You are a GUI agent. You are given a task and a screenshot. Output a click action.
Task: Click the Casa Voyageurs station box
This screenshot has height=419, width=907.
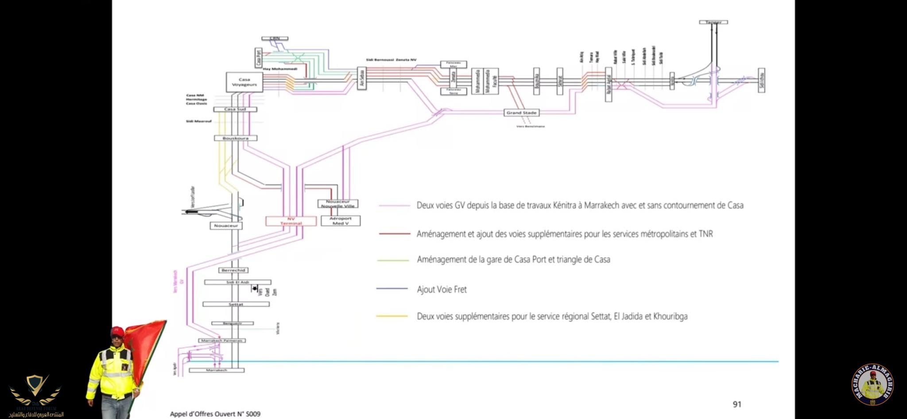point(244,82)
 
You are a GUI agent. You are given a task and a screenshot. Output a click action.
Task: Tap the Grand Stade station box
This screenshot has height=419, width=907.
point(521,113)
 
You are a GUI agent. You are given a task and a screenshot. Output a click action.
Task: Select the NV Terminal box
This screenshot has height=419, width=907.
point(291,221)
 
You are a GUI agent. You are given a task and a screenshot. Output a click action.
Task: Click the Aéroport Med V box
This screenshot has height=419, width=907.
point(340,221)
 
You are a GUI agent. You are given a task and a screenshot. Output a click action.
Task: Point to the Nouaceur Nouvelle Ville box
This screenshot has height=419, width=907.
point(337,204)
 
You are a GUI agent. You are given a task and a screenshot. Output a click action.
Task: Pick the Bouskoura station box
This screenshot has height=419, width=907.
point(235,138)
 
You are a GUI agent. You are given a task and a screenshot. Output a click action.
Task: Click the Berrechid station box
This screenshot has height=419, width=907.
point(233,270)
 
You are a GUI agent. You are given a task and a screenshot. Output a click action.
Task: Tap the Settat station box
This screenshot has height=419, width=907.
point(236,304)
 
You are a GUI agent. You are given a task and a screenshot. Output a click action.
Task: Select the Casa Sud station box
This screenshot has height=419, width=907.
point(235,109)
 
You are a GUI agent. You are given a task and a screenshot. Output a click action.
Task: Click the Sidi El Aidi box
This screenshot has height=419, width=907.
point(237,282)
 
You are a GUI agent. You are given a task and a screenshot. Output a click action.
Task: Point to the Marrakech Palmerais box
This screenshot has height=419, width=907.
point(221,340)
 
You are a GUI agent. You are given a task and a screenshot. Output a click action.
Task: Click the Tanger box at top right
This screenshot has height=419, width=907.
point(713,22)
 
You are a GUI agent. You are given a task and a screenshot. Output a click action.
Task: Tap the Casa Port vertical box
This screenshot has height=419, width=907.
point(259,58)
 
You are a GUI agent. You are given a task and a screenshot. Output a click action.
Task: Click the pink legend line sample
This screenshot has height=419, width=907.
point(394,206)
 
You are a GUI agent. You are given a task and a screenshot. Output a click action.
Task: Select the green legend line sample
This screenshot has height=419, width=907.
point(393,260)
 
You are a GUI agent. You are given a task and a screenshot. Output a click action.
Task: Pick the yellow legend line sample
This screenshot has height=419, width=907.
point(392,316)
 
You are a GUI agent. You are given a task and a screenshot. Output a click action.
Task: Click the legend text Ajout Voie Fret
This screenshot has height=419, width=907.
point(442,290)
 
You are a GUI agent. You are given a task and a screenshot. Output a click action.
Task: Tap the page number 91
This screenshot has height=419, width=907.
point(737,404)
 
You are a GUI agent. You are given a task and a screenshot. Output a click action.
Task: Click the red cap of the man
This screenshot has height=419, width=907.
point(117,331)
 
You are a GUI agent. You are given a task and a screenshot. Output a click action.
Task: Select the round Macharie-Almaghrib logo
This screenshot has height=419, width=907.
point(872,384)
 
